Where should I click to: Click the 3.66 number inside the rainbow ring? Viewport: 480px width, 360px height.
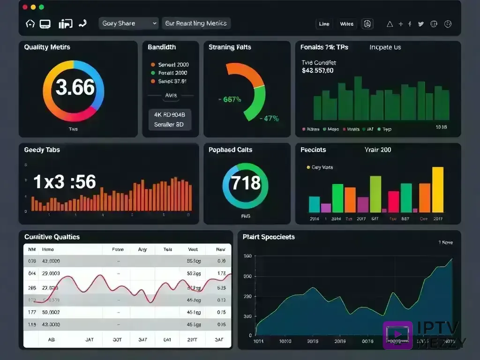75,88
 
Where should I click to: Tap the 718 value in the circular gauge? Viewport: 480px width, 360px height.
246,182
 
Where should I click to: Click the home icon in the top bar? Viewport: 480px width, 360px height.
30,24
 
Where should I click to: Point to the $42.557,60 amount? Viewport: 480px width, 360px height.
318,71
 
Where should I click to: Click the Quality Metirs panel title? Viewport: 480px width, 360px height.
47,47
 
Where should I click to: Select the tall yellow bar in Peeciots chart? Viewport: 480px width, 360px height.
437,190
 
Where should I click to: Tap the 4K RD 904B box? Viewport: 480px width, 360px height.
170,114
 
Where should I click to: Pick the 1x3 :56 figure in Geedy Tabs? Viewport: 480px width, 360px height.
65,182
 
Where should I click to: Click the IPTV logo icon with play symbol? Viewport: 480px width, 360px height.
397,335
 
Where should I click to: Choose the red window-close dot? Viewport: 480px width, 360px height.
25,7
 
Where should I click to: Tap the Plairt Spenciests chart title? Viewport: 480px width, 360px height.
269,237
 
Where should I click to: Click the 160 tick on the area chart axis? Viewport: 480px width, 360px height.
247,256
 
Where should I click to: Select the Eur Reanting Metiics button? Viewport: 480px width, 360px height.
196,23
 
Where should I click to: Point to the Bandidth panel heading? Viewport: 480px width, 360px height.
162,47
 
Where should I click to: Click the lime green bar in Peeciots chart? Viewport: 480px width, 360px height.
375,194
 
